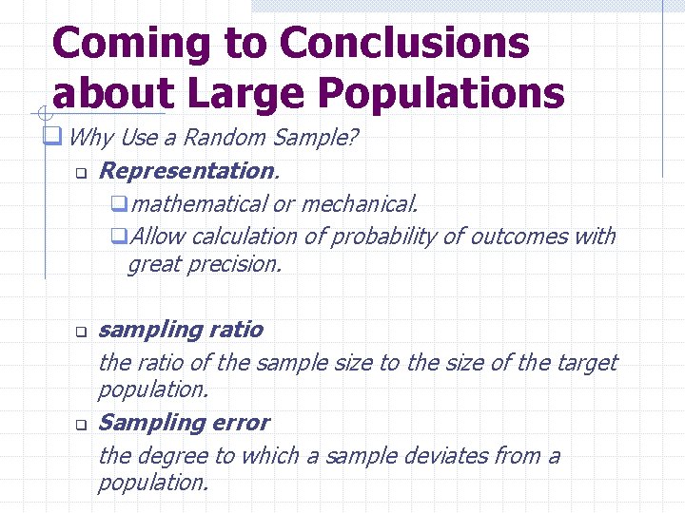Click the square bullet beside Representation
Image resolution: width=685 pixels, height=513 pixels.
coord(82,174)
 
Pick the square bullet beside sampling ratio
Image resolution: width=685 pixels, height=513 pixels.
coord(82,332)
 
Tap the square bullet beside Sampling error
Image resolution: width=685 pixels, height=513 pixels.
coord(82,425)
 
